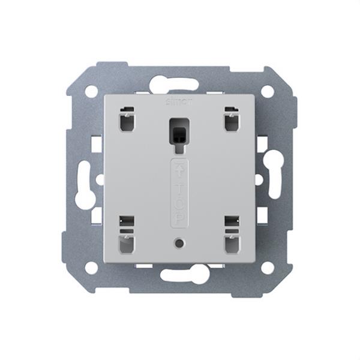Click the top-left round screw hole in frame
tap(91, 92)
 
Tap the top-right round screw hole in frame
tap(268, 92)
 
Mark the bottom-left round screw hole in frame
tap(91, 266)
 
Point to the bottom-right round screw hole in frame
tap(268, 266)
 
